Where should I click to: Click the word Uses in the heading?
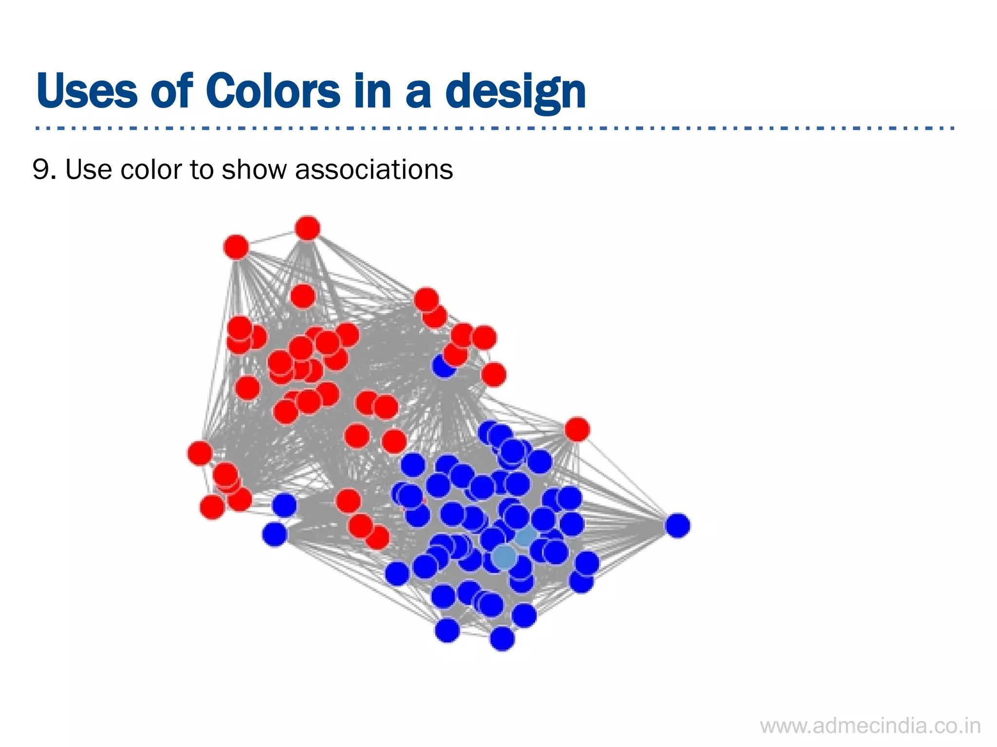point(87,91)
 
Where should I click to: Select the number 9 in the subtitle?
point(41,169)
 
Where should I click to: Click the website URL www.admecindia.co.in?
point(870,726)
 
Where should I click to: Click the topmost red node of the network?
point(308,228)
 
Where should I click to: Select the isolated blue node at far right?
point(677,525)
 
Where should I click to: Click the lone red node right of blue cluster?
point(577,429)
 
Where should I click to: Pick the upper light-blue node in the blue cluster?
point(526,536)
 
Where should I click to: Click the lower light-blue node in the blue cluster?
point(504,556)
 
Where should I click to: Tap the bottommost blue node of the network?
point(502,638)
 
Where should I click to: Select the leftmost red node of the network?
point(200,453)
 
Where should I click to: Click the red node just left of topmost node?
point(236,247)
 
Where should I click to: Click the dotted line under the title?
point(494,128)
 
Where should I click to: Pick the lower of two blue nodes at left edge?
point(275,534)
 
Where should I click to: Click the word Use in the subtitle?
point(88,169)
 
